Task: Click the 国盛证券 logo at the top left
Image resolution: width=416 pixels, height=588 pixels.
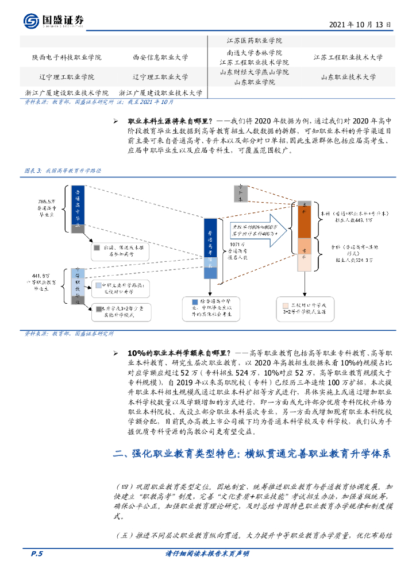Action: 54,21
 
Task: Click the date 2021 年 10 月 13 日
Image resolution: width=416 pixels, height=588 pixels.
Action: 361,25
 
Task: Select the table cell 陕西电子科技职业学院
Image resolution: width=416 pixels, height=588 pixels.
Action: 67,57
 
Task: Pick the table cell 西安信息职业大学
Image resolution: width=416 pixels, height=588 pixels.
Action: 160,57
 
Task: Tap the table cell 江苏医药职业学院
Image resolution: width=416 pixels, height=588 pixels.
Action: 254,41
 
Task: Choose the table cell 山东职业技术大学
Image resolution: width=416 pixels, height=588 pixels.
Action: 348,76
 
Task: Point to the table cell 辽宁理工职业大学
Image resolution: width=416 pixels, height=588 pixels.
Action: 160,76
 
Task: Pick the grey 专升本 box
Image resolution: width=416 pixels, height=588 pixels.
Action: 241,194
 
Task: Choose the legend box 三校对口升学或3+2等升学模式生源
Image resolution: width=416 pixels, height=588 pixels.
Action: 304,308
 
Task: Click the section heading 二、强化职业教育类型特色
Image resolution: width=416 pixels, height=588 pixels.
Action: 252,454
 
